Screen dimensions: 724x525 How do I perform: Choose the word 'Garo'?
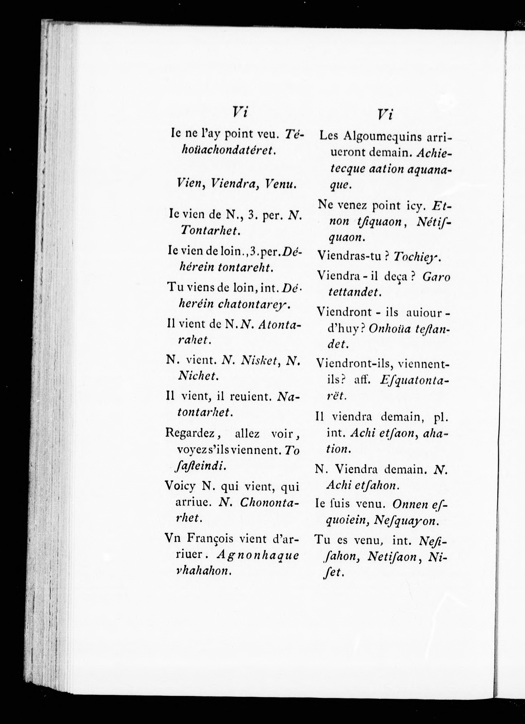(x=436, y=277)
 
